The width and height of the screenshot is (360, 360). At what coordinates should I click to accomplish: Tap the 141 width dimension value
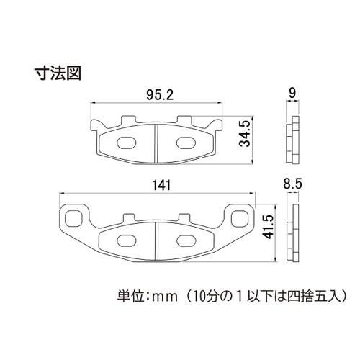click(161, 186)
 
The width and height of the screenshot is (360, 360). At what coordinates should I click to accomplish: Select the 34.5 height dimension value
click(245, 133)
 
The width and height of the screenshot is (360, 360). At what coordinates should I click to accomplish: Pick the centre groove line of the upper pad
click(158, 140)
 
